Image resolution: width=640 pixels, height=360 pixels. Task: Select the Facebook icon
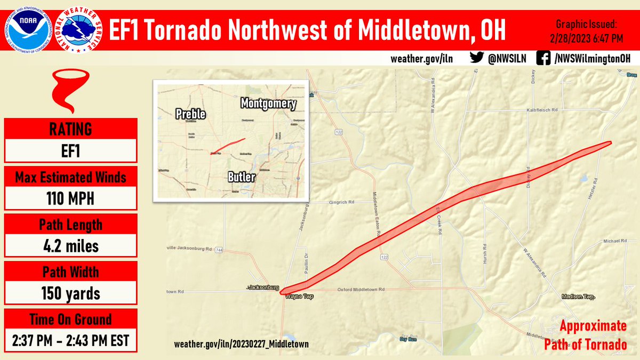click(543, 58)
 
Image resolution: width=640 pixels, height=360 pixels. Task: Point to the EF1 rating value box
click(70, 150)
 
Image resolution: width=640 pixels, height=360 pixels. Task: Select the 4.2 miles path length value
click(70, 246)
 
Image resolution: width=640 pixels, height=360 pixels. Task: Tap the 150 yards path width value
click(70, 293)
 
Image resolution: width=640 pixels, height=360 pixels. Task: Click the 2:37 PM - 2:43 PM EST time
click(70, 340)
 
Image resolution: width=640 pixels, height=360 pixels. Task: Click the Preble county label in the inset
click(190, 114)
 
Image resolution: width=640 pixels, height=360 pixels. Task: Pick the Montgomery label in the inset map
click(268, 103)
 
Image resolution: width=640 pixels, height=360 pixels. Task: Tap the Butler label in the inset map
click(242, 177)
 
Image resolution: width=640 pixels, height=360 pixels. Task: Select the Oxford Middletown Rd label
click(361, 290)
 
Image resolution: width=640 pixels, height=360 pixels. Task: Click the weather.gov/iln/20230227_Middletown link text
click(241, 345)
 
